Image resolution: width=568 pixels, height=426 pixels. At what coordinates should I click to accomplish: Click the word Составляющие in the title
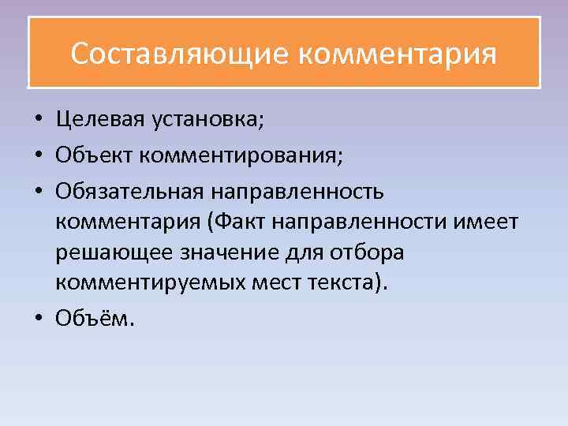tap(181, 54)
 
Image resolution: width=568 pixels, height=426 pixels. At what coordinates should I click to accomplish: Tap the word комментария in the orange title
tap(398, 54)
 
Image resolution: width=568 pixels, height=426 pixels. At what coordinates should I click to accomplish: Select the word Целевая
tap(99, 120)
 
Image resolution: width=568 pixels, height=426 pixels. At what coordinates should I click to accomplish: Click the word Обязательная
tap(128, 190)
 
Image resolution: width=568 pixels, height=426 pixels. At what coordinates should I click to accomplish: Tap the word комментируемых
tap(144, 285)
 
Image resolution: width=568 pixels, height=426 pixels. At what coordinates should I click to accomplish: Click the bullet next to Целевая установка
tap(38, 121)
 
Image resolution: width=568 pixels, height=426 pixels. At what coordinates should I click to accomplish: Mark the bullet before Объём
tap(38, 319)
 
